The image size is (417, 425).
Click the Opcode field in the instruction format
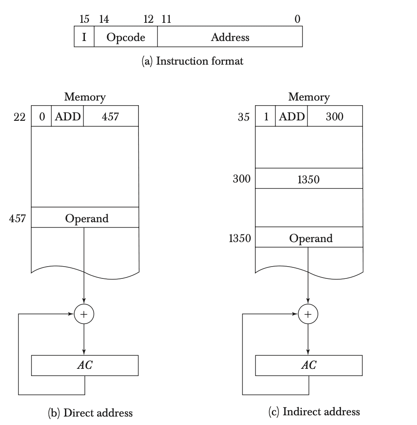126,37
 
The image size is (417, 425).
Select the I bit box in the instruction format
84,37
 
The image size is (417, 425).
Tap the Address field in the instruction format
230,37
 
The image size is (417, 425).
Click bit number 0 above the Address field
298,19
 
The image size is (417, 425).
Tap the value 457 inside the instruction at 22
111,116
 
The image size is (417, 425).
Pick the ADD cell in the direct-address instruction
68,116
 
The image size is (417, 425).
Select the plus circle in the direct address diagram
84,314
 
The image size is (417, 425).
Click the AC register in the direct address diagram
85,365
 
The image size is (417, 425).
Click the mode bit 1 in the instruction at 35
266,116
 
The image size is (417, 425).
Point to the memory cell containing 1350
309,179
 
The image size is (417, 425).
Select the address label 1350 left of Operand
240,238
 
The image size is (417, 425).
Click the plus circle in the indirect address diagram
308,314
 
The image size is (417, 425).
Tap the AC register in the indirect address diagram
309,365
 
